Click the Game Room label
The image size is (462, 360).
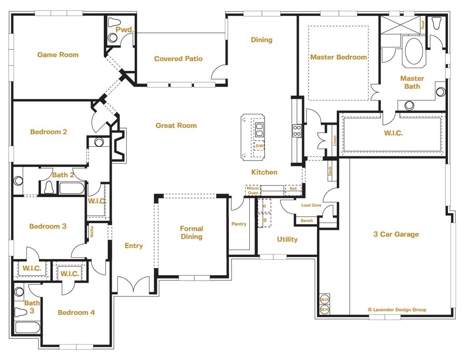[58, 55]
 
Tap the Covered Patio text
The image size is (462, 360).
[178, 59]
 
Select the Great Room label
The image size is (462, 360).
[176, 126]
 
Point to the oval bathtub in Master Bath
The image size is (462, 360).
[414, 51]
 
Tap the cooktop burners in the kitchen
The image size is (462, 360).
[297, 131]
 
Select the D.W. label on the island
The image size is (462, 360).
[260, 146]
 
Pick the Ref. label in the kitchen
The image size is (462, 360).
[293, 189]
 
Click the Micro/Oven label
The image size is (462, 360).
[253, 190]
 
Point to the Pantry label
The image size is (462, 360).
[239, 224]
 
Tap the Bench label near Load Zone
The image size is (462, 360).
[307, 221]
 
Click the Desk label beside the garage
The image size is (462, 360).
[330, 171]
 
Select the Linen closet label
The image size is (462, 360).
[335, 140]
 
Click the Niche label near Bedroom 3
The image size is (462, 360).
[92, 232]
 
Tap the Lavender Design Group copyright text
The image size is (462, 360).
[397, 309]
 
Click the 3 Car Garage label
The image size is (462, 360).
[396, 234]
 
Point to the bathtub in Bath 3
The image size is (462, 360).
[27, 328]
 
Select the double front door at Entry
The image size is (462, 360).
[134, 285]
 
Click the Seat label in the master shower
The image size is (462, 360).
[423, 25]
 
